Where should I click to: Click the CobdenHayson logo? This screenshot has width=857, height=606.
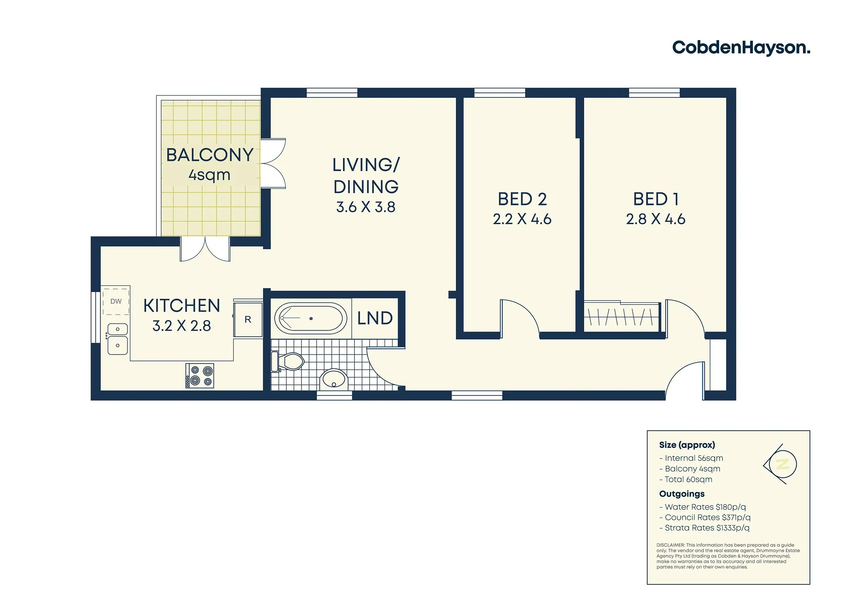click(741, 47)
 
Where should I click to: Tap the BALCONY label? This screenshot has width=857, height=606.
click(209, 155)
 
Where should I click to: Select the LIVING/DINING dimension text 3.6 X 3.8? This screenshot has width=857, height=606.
click(366, 207)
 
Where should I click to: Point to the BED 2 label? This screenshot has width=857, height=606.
click(522, 199)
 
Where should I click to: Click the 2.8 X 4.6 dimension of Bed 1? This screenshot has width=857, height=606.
click(656, 219)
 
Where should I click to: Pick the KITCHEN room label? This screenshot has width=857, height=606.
click(182, 306)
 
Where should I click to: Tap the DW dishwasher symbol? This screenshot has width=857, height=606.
click(116, 301)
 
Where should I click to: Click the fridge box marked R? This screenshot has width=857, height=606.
click(248, 320)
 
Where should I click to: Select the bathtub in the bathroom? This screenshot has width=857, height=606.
click(310, 318)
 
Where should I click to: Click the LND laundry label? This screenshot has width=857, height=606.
click(375, 318)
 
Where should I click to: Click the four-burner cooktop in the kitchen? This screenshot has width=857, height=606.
click(200, 376)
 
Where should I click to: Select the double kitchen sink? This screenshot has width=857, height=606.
click(117, 339)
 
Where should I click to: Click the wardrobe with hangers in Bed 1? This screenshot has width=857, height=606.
click(622, 317)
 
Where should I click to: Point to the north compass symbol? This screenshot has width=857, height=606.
click(781, 464)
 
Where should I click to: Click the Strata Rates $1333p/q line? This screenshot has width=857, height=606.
click(704, 528)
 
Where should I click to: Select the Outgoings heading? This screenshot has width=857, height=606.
click(682, 494)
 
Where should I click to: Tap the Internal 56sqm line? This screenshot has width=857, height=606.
click(691, 458)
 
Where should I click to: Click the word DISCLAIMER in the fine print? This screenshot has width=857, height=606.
click(670, 545)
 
